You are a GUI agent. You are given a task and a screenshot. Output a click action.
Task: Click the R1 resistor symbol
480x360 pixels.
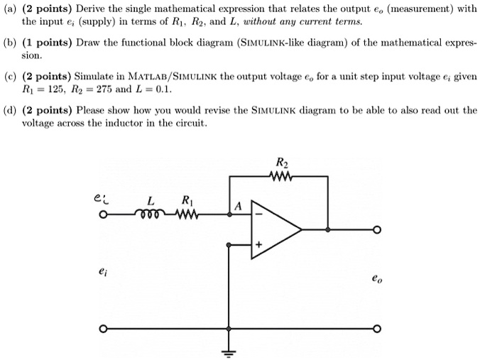[186, 214]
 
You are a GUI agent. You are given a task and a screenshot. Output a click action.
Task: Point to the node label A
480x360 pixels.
[239, 207]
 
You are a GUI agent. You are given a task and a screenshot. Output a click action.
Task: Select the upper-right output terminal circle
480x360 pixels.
[377, 229]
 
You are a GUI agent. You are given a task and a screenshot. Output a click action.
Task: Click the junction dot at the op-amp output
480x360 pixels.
[327, 229]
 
